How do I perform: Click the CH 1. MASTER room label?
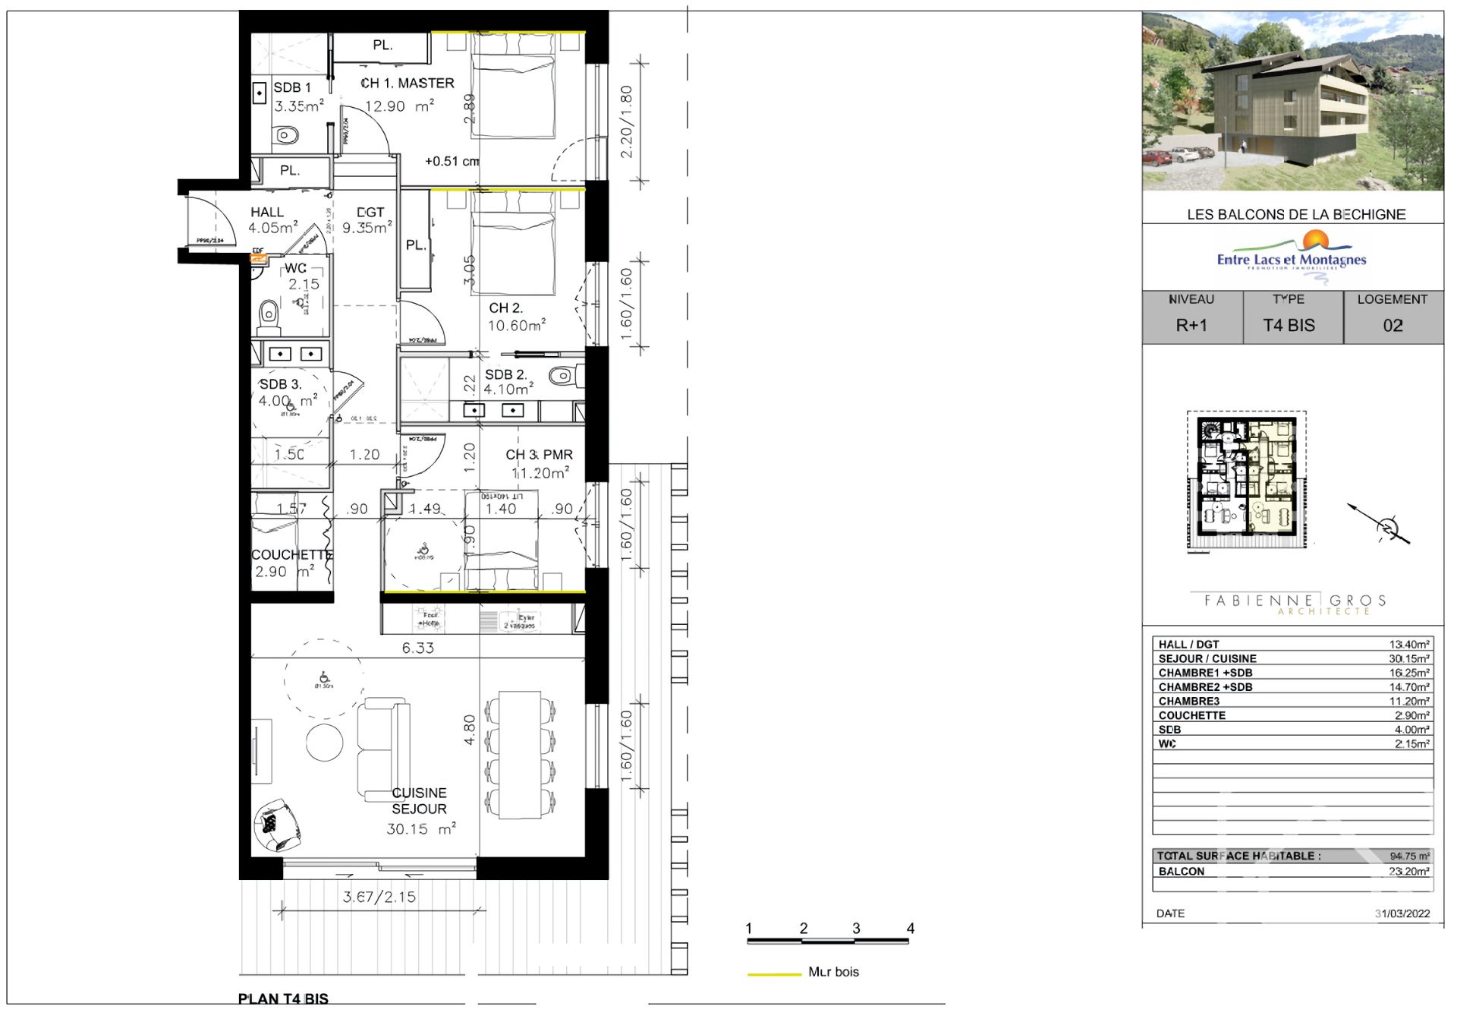tap(408, 83)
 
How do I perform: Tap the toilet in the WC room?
tap(268, 315)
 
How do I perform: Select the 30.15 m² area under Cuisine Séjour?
tap(420, 829)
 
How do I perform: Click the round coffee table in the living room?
tap(324, 743)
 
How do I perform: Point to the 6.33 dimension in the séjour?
tap(417, 648)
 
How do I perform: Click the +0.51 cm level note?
tap(452, 161)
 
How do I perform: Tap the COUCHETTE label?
tap(291, 555)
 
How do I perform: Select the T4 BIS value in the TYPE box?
tap(1289, 325)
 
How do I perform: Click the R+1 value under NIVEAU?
tap(1191, 325)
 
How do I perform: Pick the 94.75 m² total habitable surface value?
tap(1409, 856)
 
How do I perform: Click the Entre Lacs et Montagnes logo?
tap(1292, 257)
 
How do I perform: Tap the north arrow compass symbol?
tap(1386, 526)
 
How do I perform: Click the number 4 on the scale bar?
tap(910, 928)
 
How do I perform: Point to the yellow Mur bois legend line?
tap(774, 973)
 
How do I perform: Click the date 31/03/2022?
tap(1402, 913)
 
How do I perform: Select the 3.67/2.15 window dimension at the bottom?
tap(379, 897)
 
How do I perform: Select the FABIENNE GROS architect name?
tap(1295, 601)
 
